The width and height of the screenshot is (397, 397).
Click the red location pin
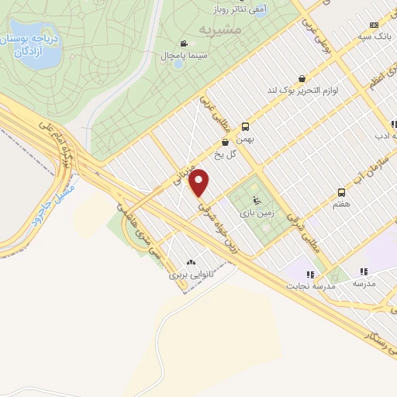point(199,182)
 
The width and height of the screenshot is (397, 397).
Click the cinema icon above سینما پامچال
point(184,44)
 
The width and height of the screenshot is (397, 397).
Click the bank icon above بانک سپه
point(375,24)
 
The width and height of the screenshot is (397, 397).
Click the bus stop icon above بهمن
point(246,126)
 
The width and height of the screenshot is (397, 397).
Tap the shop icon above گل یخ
point(225,143)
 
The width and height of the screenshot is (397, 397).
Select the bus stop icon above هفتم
point(341,192)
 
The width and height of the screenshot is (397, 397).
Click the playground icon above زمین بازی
point(257,198)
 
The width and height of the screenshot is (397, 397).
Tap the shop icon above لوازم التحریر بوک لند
point(301,78)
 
